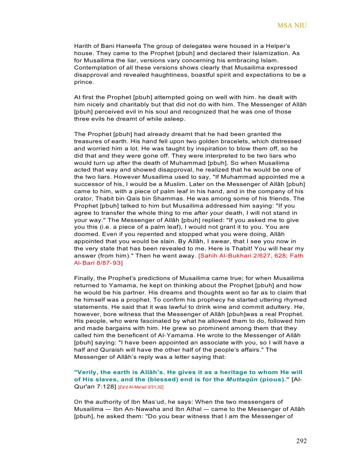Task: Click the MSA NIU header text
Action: (292, 25)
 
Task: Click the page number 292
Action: (301, 441)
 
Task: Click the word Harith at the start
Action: (83, 46)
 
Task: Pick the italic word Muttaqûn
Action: (241, 380)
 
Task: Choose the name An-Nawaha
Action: (143, 409)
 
